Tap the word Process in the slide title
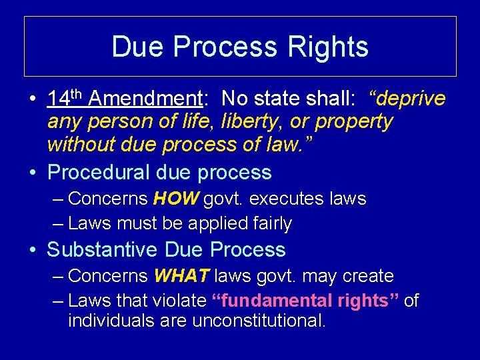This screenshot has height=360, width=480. (x=227, y=47)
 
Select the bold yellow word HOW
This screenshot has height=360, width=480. (x=175, y=199)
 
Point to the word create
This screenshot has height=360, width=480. (x=366, y=276)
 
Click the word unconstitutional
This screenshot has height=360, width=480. (x=259, y=321)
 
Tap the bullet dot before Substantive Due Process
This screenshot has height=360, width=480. (x=33, y=251)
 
